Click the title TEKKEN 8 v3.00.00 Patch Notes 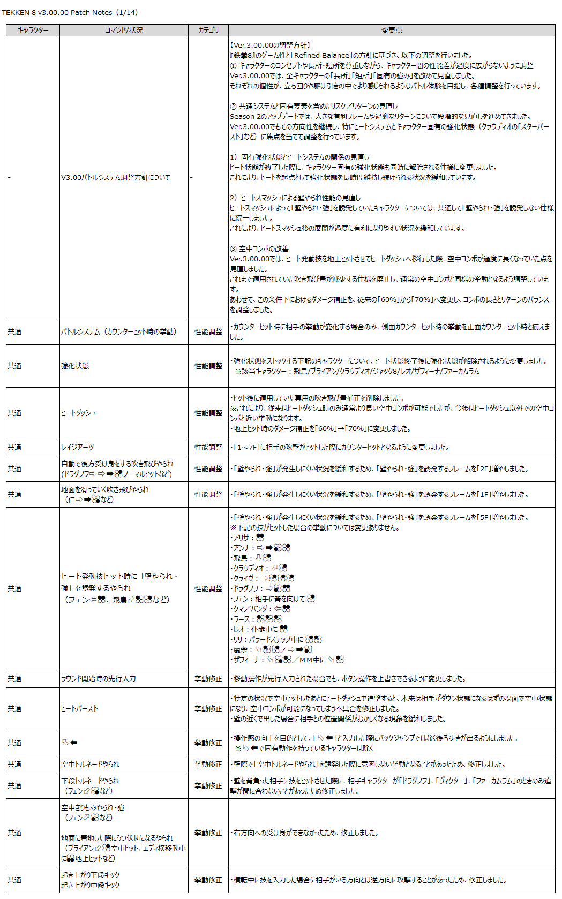click(57, 12)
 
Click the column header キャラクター click(33, 31)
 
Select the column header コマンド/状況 click(124, 31)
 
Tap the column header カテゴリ click(208, 31)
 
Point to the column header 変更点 click(392, 31)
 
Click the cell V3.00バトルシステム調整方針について click(116, 177)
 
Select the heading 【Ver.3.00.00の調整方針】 click(270, 45)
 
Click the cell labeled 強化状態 click(75, 366)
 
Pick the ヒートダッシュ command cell click(79, 413)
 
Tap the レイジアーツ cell click(78, 447)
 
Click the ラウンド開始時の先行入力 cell click(99, 678)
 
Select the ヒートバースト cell click(80, 708)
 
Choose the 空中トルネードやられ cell click(90, 764)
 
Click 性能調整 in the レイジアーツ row click(208, 447)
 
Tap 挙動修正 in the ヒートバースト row click(208, 708)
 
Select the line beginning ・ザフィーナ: click(287, 660)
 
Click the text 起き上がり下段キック click(91, 875)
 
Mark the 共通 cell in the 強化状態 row click(15, 366)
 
